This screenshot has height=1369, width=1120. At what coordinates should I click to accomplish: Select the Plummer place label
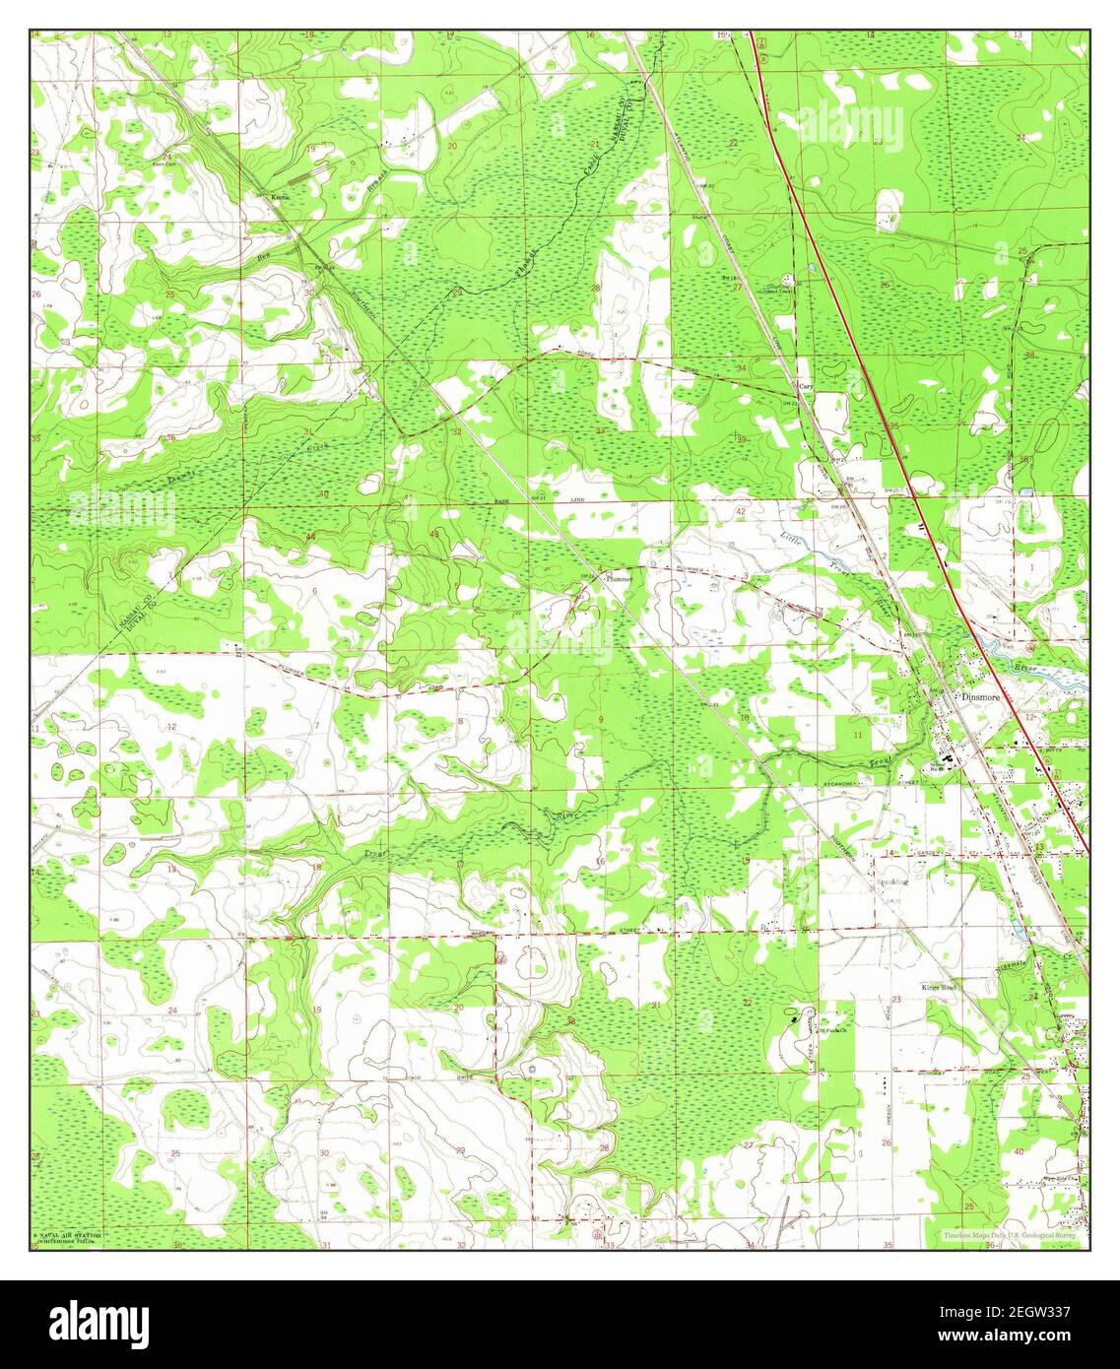[x=621, y=579]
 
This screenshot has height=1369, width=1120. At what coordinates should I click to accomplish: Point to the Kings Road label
[x=939, y=986]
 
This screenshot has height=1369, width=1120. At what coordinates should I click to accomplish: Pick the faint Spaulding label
[x=893, y=882]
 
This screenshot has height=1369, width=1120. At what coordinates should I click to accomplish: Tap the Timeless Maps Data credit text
[x=1007, y=1235]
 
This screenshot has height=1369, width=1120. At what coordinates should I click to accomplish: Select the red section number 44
[x=310, y=535]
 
